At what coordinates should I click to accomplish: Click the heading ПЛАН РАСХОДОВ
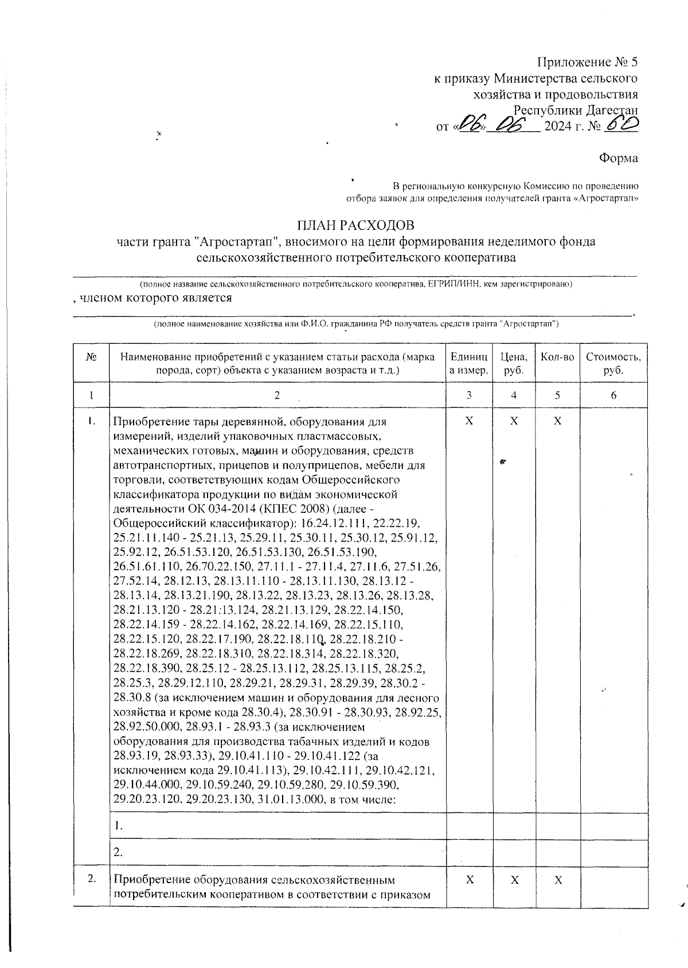click(x=355, y=225)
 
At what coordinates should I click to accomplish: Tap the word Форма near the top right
click(x=618, y=158)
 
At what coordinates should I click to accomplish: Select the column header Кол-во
click(x=557, y=357)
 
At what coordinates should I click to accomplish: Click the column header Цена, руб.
click(x=514, y=363)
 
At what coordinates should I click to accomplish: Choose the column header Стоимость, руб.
click(x=613, y=363)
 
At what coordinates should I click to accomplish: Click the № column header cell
click(x=91, y=357)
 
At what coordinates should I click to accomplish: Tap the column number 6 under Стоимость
click(x=613, y=395)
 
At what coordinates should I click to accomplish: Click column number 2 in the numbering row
click(x=277, y=395)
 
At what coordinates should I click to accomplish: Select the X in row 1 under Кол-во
click(x=557, y=421)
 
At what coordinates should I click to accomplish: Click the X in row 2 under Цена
click(x=514, y=880)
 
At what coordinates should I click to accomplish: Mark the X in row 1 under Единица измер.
click(x=469, y=421)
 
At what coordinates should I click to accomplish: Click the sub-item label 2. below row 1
click(x=118, y=852)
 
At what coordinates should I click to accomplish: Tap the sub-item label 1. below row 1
click(x=118, y=826)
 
